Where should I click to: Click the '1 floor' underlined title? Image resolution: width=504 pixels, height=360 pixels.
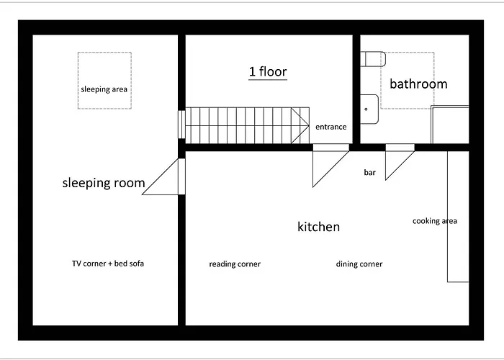268,72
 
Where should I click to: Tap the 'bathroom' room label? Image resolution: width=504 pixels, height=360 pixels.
418,84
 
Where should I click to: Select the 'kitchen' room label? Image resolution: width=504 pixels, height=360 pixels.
318,227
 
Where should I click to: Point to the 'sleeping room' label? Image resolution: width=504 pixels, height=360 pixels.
104,183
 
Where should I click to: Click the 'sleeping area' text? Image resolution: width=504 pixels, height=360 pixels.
104,89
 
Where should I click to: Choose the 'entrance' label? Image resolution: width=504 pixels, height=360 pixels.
331,127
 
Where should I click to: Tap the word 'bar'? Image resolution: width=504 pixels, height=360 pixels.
370,173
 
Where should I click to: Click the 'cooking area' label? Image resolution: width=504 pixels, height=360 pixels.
434,221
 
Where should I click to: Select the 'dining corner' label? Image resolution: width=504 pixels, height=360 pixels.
359,264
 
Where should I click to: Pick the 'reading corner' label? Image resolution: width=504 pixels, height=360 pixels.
235,264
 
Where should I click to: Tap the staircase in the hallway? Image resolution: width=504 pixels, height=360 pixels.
245,125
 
